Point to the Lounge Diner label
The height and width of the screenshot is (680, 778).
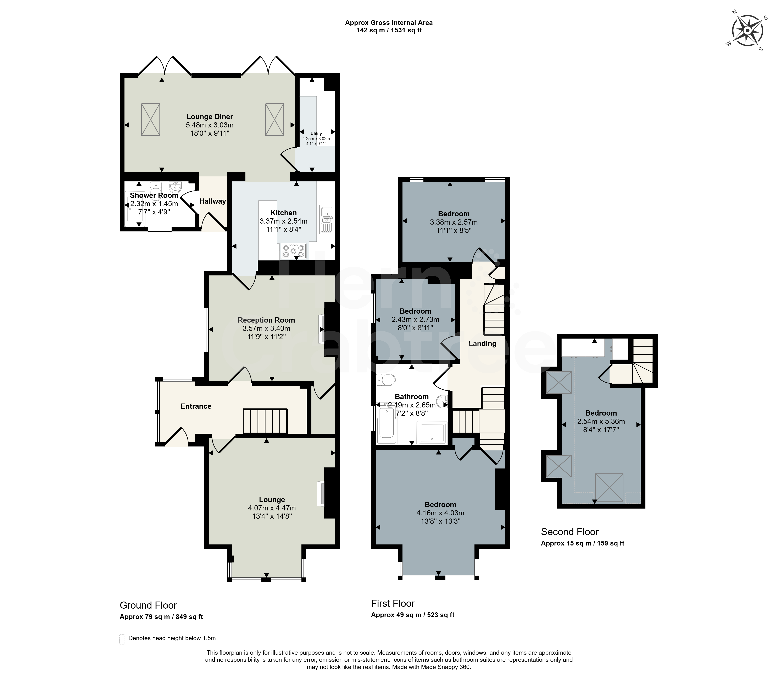click(210, 117)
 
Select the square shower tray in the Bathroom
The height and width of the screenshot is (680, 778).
click(432, 433)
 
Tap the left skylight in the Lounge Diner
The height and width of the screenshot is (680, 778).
click(151, 119)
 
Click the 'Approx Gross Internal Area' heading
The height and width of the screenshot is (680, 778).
click(389, 23)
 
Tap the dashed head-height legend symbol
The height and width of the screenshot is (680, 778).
click(122, 639)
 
